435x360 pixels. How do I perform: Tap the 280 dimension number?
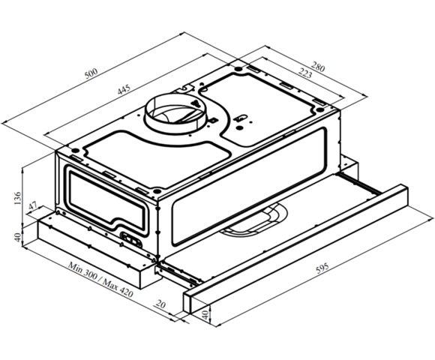(x=318, y=67)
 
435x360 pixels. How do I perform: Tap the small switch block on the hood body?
(x=133, y=241)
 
